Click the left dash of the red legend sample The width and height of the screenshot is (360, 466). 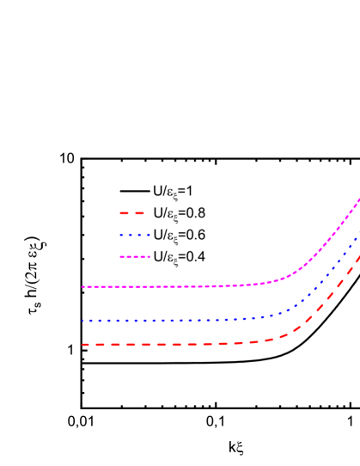(x=124, y=213)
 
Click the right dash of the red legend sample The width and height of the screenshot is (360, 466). (x=138, y=213)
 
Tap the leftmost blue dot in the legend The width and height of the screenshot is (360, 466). (x=121, y=235)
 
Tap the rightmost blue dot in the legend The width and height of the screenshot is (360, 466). (x=149, y=235)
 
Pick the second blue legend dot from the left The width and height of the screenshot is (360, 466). (x=131, y=235)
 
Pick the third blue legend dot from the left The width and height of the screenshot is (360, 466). (x=140, y=235)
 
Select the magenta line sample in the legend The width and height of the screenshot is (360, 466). (x=135, y=257)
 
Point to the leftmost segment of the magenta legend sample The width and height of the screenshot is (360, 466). (x=122, y=257)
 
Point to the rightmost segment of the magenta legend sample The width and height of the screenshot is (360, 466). (x=148, y=257)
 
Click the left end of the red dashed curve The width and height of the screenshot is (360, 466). (x=84, y=345)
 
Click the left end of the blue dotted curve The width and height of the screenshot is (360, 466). (x=83, y=321)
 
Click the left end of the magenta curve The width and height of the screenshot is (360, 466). (x=83, y=287)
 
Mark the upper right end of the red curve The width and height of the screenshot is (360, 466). (x=358, y=256)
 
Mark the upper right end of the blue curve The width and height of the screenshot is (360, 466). (x=358, y=235)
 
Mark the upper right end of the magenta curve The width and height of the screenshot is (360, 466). (x=358, y=200)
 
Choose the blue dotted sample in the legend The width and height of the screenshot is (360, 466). (x=135, y=235)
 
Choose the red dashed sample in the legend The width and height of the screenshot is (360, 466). (x=131, y=213)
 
